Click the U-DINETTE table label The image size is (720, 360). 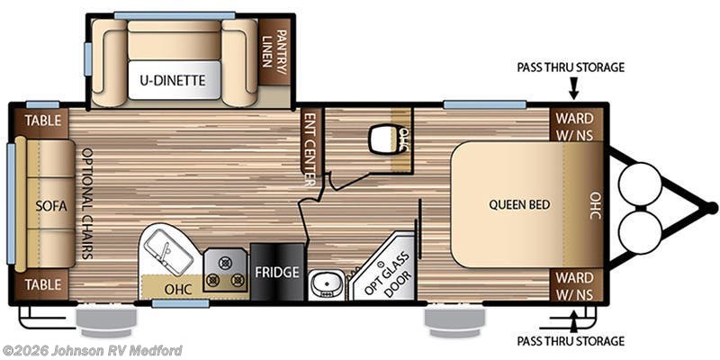point(173,81)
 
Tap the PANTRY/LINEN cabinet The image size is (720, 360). point(274,51)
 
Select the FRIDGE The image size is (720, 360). point(277,272)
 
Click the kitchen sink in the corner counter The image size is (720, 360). point(168,252)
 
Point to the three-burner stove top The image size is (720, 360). point(224,271)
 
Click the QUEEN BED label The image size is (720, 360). point(519,204)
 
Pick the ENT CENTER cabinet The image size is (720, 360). point(310,143)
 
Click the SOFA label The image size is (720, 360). point(51,206)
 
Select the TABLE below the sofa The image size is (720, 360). point(41,284)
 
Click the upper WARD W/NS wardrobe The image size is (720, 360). point(575,125)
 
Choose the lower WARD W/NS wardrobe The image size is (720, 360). point(575,284)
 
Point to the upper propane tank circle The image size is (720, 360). point(640,184)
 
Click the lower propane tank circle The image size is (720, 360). point(640,232)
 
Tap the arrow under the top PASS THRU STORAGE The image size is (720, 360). point(573,88)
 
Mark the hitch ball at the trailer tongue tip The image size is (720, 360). point(711,208)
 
